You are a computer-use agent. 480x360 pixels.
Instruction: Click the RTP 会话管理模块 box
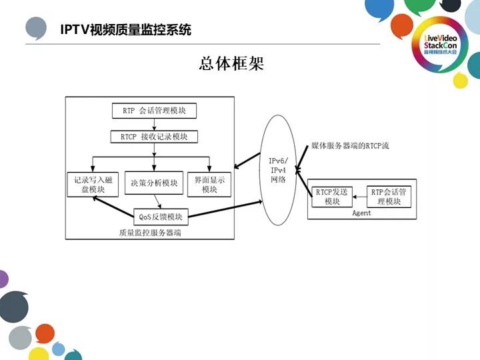[x=154, y=111]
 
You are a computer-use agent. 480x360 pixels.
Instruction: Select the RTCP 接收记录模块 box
[x=154, y=137]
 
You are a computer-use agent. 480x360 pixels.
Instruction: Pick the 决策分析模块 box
[x=154, y=183]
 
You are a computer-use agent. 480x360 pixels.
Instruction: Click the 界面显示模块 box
[x=210, y=185]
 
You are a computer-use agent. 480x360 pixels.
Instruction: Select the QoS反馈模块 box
[x=161, y=217]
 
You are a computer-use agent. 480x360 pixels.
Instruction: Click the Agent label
[x=361, y=213]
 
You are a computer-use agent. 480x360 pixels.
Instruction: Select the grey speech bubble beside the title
[x=36, y=29]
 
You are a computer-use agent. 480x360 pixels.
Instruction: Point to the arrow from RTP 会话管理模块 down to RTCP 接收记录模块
[x=154, y=124]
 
